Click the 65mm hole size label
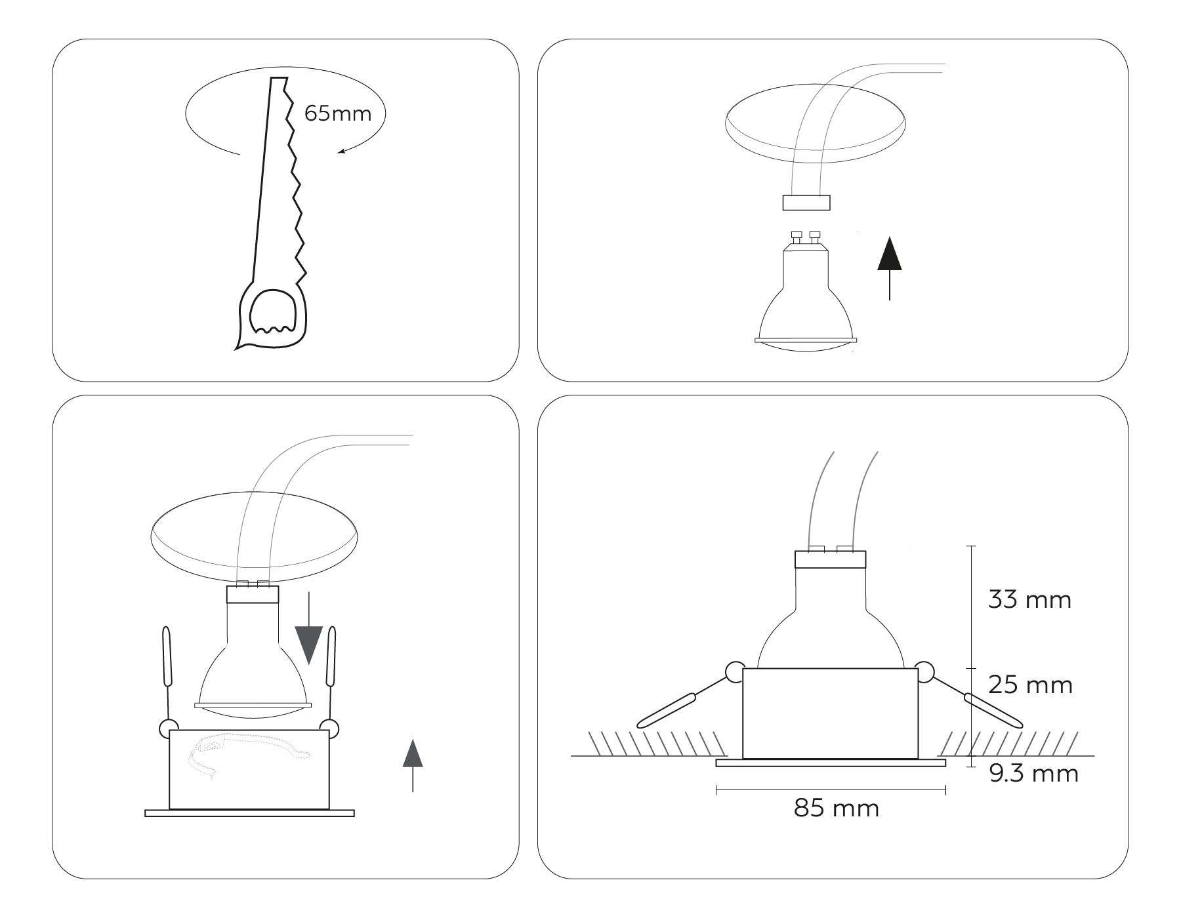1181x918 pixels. click(x=338, y=113)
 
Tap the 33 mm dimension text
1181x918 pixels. click(x=1029, y=600)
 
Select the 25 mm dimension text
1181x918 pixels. click(x=1030, y=685)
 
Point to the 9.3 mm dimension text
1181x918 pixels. click(x=1033, y=774)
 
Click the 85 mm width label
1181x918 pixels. click(x=837, y=808)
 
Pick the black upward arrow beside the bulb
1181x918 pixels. click(x=889, y=268)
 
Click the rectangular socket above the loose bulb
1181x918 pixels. click(x=806, y=203)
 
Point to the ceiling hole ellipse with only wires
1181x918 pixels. click(x=816, y=128)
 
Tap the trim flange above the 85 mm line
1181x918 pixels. click(x=831, y=763)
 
